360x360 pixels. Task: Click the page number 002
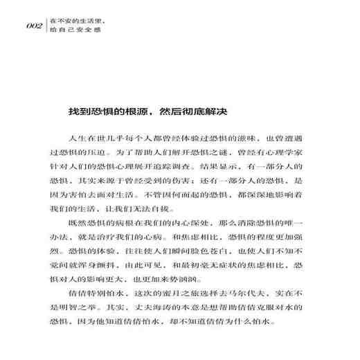(x=34, y=27)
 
